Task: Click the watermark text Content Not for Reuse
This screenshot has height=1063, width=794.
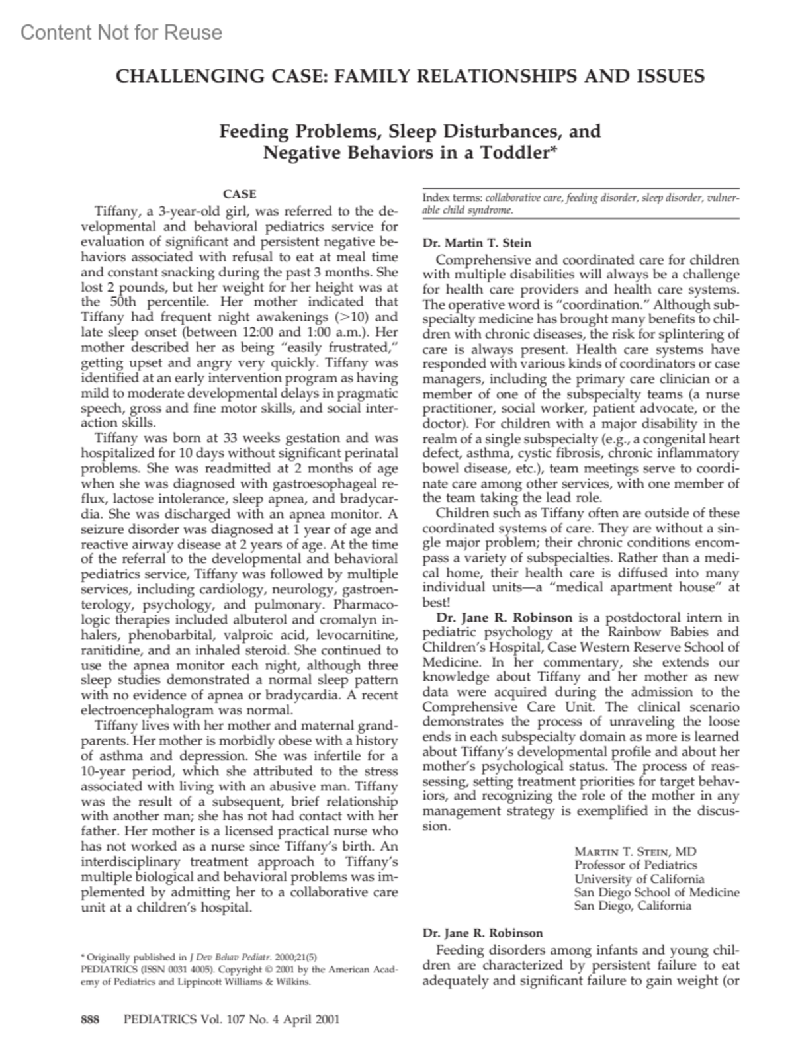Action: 121,32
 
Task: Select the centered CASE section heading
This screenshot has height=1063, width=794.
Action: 240,194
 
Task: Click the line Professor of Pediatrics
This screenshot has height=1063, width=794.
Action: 635,865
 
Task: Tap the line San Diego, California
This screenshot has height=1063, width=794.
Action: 633,906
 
